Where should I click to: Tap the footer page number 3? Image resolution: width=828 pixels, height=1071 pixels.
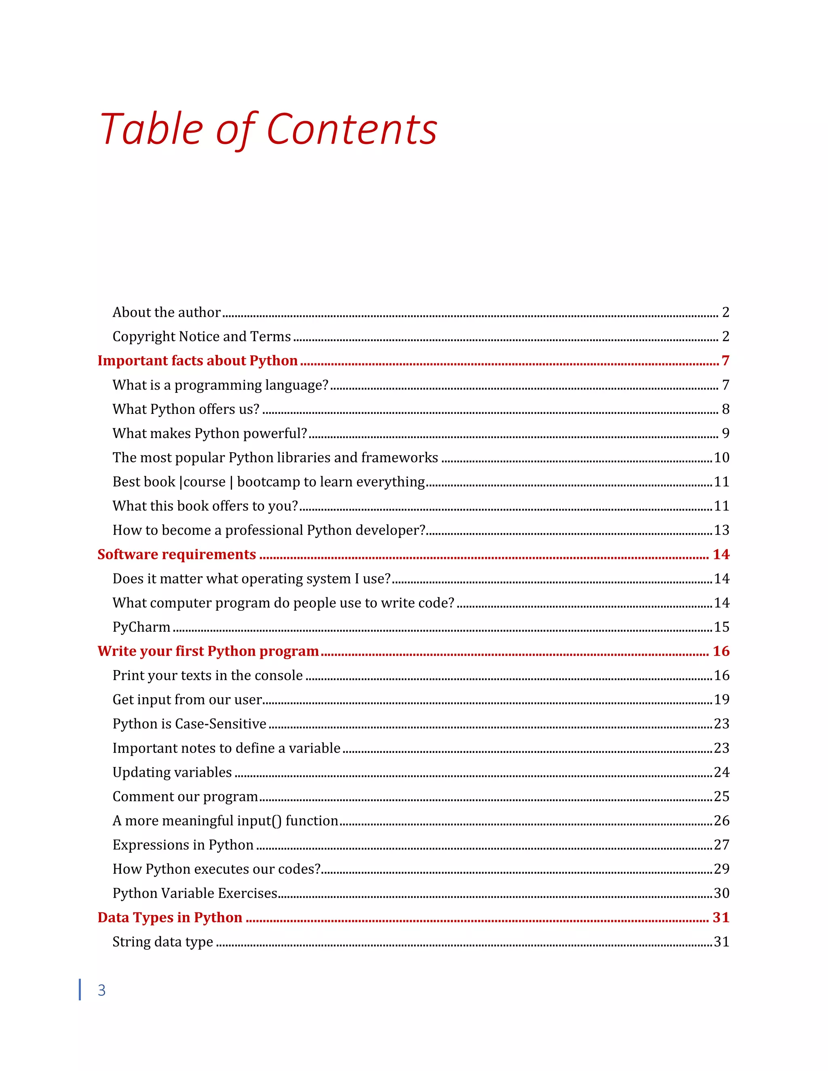click(x=101, y=990)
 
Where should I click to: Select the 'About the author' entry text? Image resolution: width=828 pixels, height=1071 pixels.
click(x=166, y=312)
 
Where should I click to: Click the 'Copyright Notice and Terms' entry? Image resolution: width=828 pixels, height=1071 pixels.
click(x=202, y=336)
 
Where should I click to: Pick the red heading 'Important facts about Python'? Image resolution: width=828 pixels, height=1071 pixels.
click(x=197, y=361)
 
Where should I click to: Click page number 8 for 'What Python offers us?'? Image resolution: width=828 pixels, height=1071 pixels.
click(x=725, y=409)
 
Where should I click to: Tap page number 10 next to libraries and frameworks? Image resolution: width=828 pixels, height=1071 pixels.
click(x=721, y=457)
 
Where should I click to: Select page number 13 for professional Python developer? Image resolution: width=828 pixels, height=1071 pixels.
click(x=721, y=530)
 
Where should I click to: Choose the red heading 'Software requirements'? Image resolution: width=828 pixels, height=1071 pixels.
click(x=177, y=554)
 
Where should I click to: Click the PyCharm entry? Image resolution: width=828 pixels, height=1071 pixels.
click(x=141, y=627)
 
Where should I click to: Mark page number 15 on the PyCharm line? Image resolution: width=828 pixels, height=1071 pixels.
click(x=721, y=627)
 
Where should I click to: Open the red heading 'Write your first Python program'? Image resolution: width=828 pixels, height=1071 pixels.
click(x=208, y=651)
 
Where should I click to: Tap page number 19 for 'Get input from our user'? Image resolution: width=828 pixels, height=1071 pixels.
click(x=721, y=700)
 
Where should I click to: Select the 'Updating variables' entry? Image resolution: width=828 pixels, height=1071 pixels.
click(x=172, y=772)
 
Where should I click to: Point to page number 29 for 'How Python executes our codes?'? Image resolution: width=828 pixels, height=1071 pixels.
click(x=721, y=869)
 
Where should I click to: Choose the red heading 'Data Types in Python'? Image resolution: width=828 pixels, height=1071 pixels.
click(x=170, y=917)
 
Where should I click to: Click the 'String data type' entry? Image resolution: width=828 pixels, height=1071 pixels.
click(x=163, y=942)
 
